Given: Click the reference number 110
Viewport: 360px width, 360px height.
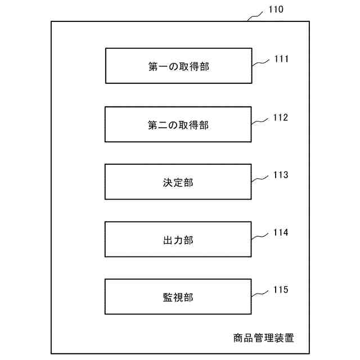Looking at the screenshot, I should click(276, 10).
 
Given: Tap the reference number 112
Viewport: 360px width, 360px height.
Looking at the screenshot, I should click(281, 118).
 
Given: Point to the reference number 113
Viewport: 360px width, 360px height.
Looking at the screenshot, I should click(281, 175).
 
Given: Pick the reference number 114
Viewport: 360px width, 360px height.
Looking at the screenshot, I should click(281, 232).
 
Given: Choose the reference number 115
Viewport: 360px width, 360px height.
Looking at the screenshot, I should click(281, 290).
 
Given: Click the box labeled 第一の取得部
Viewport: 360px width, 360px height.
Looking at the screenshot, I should click(178, 66).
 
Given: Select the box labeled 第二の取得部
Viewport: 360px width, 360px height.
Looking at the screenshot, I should click(178, 124).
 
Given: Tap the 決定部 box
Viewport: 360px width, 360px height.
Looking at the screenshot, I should click(178, 182).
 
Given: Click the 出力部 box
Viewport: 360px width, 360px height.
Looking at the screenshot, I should click(178, 239).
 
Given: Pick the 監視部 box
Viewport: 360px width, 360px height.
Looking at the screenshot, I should click(178, 296).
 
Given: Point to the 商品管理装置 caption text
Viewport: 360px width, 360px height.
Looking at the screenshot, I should click(263, 338).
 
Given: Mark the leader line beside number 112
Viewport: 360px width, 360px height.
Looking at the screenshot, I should click(260, 121).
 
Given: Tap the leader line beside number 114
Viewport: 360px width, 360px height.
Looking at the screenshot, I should click(260, 236).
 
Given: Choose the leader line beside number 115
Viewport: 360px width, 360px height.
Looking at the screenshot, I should click(260, 294).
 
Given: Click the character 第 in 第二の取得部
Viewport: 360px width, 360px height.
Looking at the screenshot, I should click(152, 125).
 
